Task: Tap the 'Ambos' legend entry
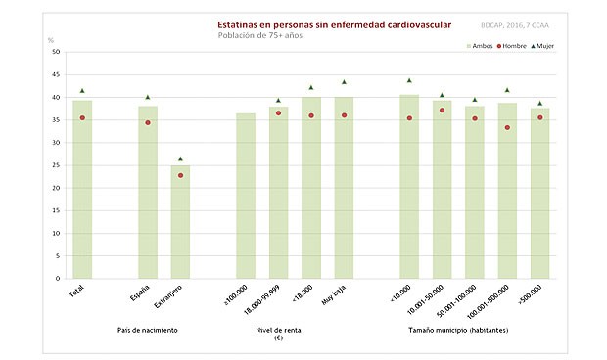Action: click(x=479, y=45)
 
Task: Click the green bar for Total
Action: click(x=82, y=186)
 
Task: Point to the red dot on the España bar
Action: click(x=148, y=122)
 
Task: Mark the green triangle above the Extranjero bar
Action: click(x=181, y=158)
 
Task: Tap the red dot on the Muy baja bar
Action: click(x=344, y=115)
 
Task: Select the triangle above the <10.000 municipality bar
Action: click(x=409, y=80)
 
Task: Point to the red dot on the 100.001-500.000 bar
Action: click(x=507, y=127)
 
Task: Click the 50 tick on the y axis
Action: click(x=55, y=52)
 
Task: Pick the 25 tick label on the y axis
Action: click(x=55, y=165)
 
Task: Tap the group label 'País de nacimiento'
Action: click(x=148, y=331)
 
